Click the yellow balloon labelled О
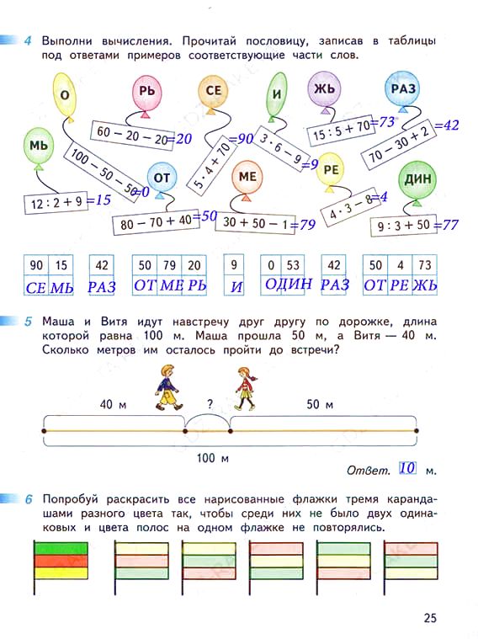[x=65, y=94]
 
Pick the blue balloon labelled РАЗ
[x=402, y=90]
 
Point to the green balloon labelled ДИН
[x=417, y=180]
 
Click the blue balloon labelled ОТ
[x=162, y=178]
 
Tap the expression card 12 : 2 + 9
[x=56, y=202]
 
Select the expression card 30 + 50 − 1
[x=255, y=223]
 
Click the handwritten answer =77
[x=445, y=225]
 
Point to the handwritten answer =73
[x=382, y=122]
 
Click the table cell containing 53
[x=293, y=266]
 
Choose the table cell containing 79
[x=169, y=266]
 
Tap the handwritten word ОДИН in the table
[x=289, y=284]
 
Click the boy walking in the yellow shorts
[x=168, y=387]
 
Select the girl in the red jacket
[x=246, y=389]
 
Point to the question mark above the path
[x=210, y=404]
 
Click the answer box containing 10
[x=407, y=468]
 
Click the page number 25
[x=430, y=618]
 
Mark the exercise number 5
[x=28, y=322]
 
